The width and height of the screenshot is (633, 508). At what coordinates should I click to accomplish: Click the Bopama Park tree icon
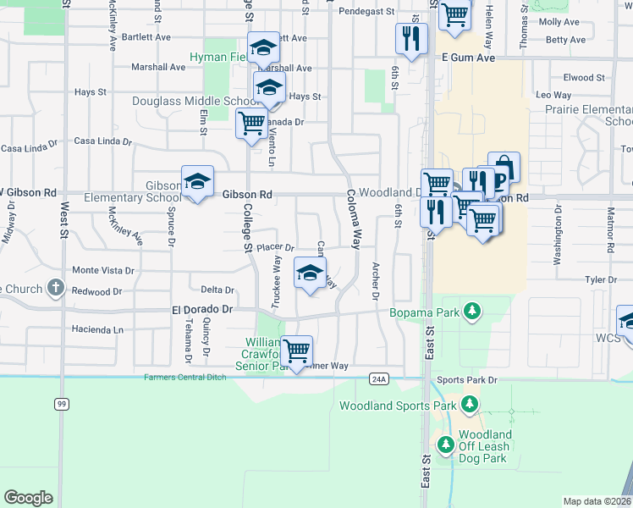(471, 312)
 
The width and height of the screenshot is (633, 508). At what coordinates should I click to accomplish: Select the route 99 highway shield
(62, 405)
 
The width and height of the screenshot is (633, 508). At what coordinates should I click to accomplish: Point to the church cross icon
(56, 288)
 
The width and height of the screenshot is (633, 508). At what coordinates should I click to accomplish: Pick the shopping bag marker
(504, 168)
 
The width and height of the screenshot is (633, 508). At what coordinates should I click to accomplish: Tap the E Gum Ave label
(467, 58)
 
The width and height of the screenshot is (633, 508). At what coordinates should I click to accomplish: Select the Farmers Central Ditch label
(185, 378)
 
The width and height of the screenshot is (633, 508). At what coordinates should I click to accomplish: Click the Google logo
(28, 497)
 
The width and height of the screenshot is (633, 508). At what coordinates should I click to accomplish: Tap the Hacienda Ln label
(98, 329)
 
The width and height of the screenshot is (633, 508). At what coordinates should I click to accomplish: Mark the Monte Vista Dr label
(103, 270)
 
